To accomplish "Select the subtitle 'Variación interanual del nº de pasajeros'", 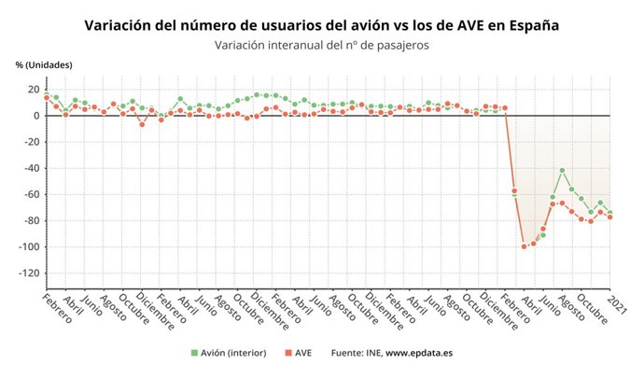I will pyautogui.click(x=322, y=45).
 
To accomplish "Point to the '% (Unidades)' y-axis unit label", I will pyautogui.click(x=44, y=64).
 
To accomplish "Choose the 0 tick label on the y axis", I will pyautogui.click(x=35, y=116).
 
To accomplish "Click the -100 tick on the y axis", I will pyautogui.click(x=27, y=246).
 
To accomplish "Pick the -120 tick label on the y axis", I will pyautogui.click(x=27, y=273).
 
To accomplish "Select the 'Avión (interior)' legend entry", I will pyautogui.click(x=229, y=353).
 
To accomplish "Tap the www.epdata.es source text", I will pyautogui.click(x=419, y=353).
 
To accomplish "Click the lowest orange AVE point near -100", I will pyautogui.click(x=524, y=246).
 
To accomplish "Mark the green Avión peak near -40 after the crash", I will pyautogui.click(x=562, y=171).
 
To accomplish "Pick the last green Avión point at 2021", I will pyautogui.click(x=609, y=212).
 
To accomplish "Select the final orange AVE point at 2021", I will pyautogui.click(x=609, y=217).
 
